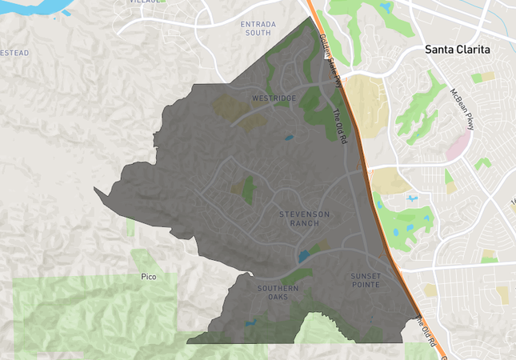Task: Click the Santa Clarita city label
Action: pyautogui.click(x=457, y=50)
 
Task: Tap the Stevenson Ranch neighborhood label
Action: pyautogui.click(x=304, y=218)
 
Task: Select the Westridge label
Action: pyautogui.click(x=274, y=98)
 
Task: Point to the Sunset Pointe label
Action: pyautogui.click(x=366, y=281)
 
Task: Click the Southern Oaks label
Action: pyautogui.click(x=278, y=292)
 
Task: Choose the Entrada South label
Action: pyautogui.click(x=258, y=29)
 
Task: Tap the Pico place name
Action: pyautogui.click(x=148, y=277)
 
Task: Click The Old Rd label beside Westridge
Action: pyautogui.click(x=339, y=126)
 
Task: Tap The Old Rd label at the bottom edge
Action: pyautogui.click(x=430, y=335)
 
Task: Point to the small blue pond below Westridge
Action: pyautogui.click(x=288, y=138)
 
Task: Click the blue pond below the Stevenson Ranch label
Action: pyautogui.click(x=304, y=256)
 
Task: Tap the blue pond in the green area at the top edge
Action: pyautogui.click(x=386, y=9)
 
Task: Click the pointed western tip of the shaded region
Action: pyautogui.click(x=94, y=190)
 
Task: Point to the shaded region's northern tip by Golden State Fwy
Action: pyautogui.click(x=310, y=17)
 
